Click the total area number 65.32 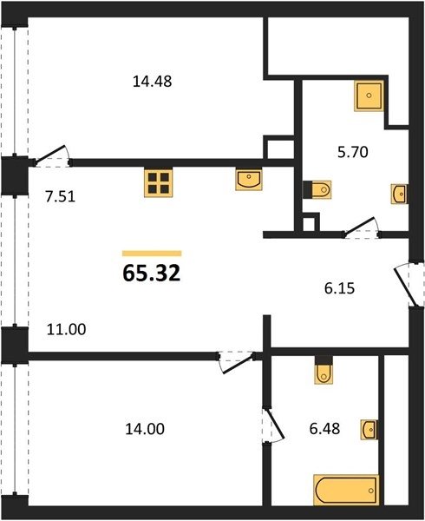pyautogui.click(x=152, y=274)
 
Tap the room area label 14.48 pyautogui.click(x=153, y=82)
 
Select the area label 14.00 pyautogui.click(x=145, y=429)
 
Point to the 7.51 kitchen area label pyautogui.click(x=61, y=196)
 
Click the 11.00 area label pyautogui.click(x=67, y=329)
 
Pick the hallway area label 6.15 pyautogui.click(x=339, y=288)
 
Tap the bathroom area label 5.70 pyautogui.click(x=353, y=152)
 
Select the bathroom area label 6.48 pyautogui.click(x=324, y=429)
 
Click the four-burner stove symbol pyautogui.click(x=158, y=182)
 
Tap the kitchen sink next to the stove pyautogui.click(x=249, y=180)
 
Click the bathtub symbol pyautogui.click(x=346, y=490)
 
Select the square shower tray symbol pyautogui.click(x=369, y=96)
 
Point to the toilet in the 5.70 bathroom pyautogui.click(x=317, y=189)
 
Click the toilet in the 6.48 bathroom pyautogui.click(x=324, y=370)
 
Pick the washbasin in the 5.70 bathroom pyautogui.click(x=400, y=194)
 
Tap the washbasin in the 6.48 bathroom pyautogui.click(x=369, y=430)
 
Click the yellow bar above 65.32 pyautogui.click(x=152, y=254)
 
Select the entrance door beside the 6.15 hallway pyautogui.click(x=409, y=285)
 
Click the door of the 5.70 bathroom pyautogui.click(x=362, y=228)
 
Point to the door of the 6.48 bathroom pyautogui.click(x=272, y=425)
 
